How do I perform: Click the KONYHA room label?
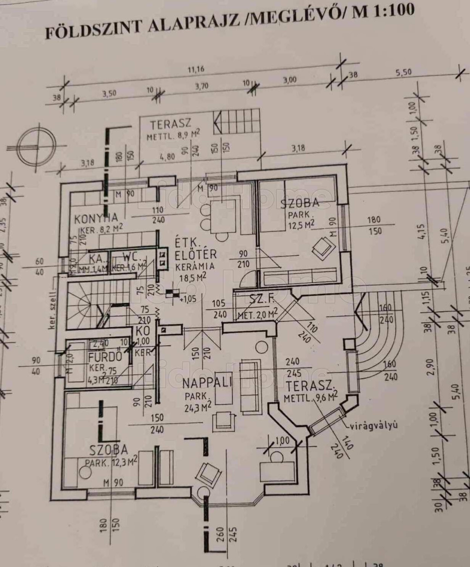coord(96,218)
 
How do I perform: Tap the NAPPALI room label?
coord(207,383)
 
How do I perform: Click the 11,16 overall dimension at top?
coord(196,70)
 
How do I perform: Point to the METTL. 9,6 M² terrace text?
coord(311,398)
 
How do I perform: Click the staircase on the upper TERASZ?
coord(236,122)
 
